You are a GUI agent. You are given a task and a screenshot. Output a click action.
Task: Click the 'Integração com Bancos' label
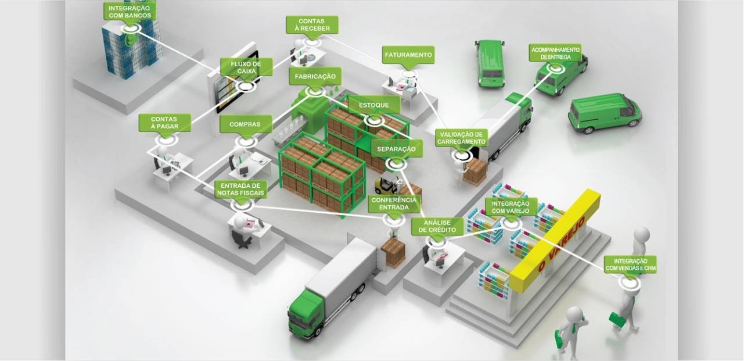[130, 12]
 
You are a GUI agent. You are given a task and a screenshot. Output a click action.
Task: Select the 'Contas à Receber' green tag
[312, 25]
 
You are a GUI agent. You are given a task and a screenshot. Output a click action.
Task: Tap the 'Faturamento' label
[408, 55]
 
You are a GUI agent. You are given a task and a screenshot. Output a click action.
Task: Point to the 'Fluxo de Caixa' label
[246, 67]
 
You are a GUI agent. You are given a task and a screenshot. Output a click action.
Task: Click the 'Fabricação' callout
[315, 77]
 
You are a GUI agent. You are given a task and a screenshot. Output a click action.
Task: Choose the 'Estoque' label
[374, 105]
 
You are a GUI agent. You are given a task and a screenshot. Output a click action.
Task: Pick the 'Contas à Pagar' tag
[164, 123]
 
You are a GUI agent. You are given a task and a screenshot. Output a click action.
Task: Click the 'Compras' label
[245, 124]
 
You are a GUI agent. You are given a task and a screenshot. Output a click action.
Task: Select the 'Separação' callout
[396, 149]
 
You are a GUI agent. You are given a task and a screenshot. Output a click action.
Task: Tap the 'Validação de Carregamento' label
[461, 138]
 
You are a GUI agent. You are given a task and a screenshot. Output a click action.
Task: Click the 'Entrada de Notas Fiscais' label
[241, 190]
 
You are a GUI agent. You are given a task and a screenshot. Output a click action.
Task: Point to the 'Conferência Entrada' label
[394, 204]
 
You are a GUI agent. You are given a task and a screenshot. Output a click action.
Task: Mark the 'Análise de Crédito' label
[437, 226]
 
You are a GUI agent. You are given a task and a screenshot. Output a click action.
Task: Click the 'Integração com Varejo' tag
[511, 208]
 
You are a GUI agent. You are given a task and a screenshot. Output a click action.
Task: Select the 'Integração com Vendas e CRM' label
[630, 265]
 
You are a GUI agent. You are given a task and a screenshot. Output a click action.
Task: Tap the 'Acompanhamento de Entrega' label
[555, 53]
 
